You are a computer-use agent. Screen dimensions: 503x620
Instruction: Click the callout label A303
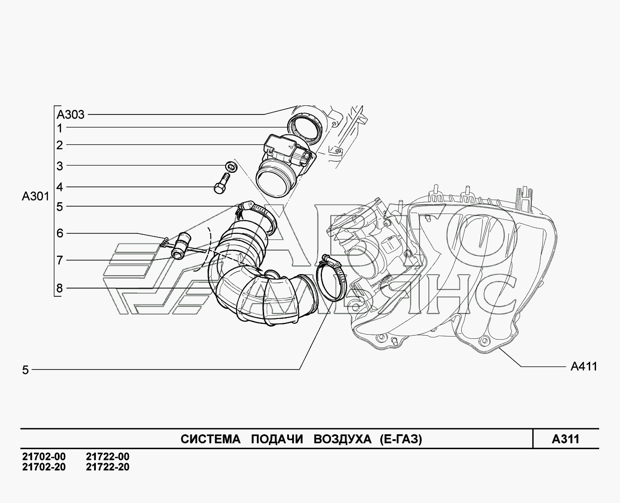[71, 114]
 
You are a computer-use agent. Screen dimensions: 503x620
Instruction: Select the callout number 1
[59, 128]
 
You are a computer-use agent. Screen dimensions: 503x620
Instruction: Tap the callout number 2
[59, 145]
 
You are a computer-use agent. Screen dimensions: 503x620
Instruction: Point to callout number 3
[59, 166]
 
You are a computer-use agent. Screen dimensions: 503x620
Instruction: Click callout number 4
[59, 186]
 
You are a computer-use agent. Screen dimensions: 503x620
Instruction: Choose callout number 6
[59, 233]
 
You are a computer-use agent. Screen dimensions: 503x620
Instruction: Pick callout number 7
[59, 260]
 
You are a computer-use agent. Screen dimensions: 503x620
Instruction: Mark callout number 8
[59, 288]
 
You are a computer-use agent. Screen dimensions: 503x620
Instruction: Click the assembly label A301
[35, 197]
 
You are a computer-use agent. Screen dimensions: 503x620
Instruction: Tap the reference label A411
[583, 366]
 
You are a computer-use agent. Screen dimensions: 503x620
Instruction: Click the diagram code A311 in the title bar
[565, 439]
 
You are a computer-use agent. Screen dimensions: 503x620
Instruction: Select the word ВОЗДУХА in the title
[342, 439]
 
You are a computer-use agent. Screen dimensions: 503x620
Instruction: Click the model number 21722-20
[107, 467]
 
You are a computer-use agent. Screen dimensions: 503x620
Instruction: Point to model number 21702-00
[43, 457]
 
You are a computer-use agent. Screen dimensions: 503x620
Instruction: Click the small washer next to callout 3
[231, 166]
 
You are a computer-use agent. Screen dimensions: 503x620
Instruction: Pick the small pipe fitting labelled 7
[180, 246]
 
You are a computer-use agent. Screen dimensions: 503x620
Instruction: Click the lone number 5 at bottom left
[25, 370]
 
